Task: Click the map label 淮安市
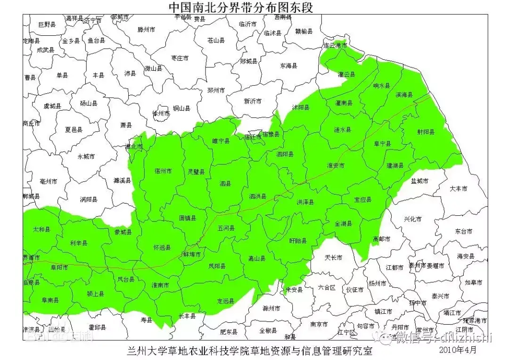tap(336, 166)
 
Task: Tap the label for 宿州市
tap(163, 171)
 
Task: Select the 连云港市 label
tap(335, 46)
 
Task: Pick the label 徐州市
tap(161, 114)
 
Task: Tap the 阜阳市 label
tap(59, 267)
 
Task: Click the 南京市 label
tap(319, 324)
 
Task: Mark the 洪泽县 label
tap(305, 202)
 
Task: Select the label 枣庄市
tap(180, 58)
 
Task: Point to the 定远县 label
tap(225, 301)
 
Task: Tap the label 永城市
tap(86, 156)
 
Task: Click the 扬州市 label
tap(378, 284)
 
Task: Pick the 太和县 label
tap(41, 229)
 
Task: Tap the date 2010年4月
tap(457, 350)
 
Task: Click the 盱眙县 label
tap(298, 241)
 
